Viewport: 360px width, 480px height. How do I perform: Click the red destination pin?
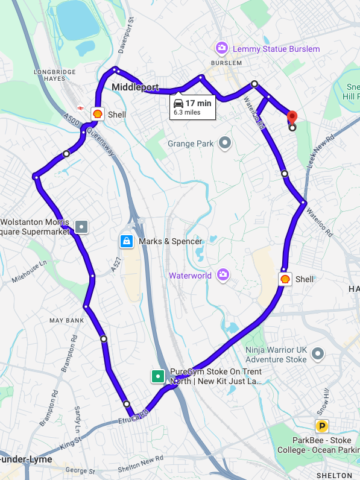pyautogui.click(x=292, y=117)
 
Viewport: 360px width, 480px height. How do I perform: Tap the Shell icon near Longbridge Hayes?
pyautogui.click(x=96, y=113)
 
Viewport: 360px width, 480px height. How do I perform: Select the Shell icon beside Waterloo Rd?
pyautogui.click(x=285, y=279)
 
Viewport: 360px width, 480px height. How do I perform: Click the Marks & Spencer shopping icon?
pyautogui.click(x=127, y=241)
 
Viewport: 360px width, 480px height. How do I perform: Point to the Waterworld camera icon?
pyautogui.click(x=223, y=275)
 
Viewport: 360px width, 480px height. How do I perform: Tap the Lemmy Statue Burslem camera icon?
pyautogui.click(x=222, y=48)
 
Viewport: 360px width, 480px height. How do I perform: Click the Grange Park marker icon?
pyautogui.click(x=225, y=143)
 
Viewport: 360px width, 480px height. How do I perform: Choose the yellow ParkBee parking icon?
pyautogui.click(x=323, y=426)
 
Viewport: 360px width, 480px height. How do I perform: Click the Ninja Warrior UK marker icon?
pyautogui.click(x=318, y=354)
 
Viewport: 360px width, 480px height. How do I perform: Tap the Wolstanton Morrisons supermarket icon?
pyautogui.click(x=81, y=227)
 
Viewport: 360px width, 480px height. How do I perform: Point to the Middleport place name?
pyautogui.click(x=135, y=87)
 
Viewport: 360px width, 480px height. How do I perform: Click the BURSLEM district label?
pyautogui.click(x=226, y=62)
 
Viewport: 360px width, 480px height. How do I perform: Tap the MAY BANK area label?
pyautogui.click(x=66, y=320)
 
